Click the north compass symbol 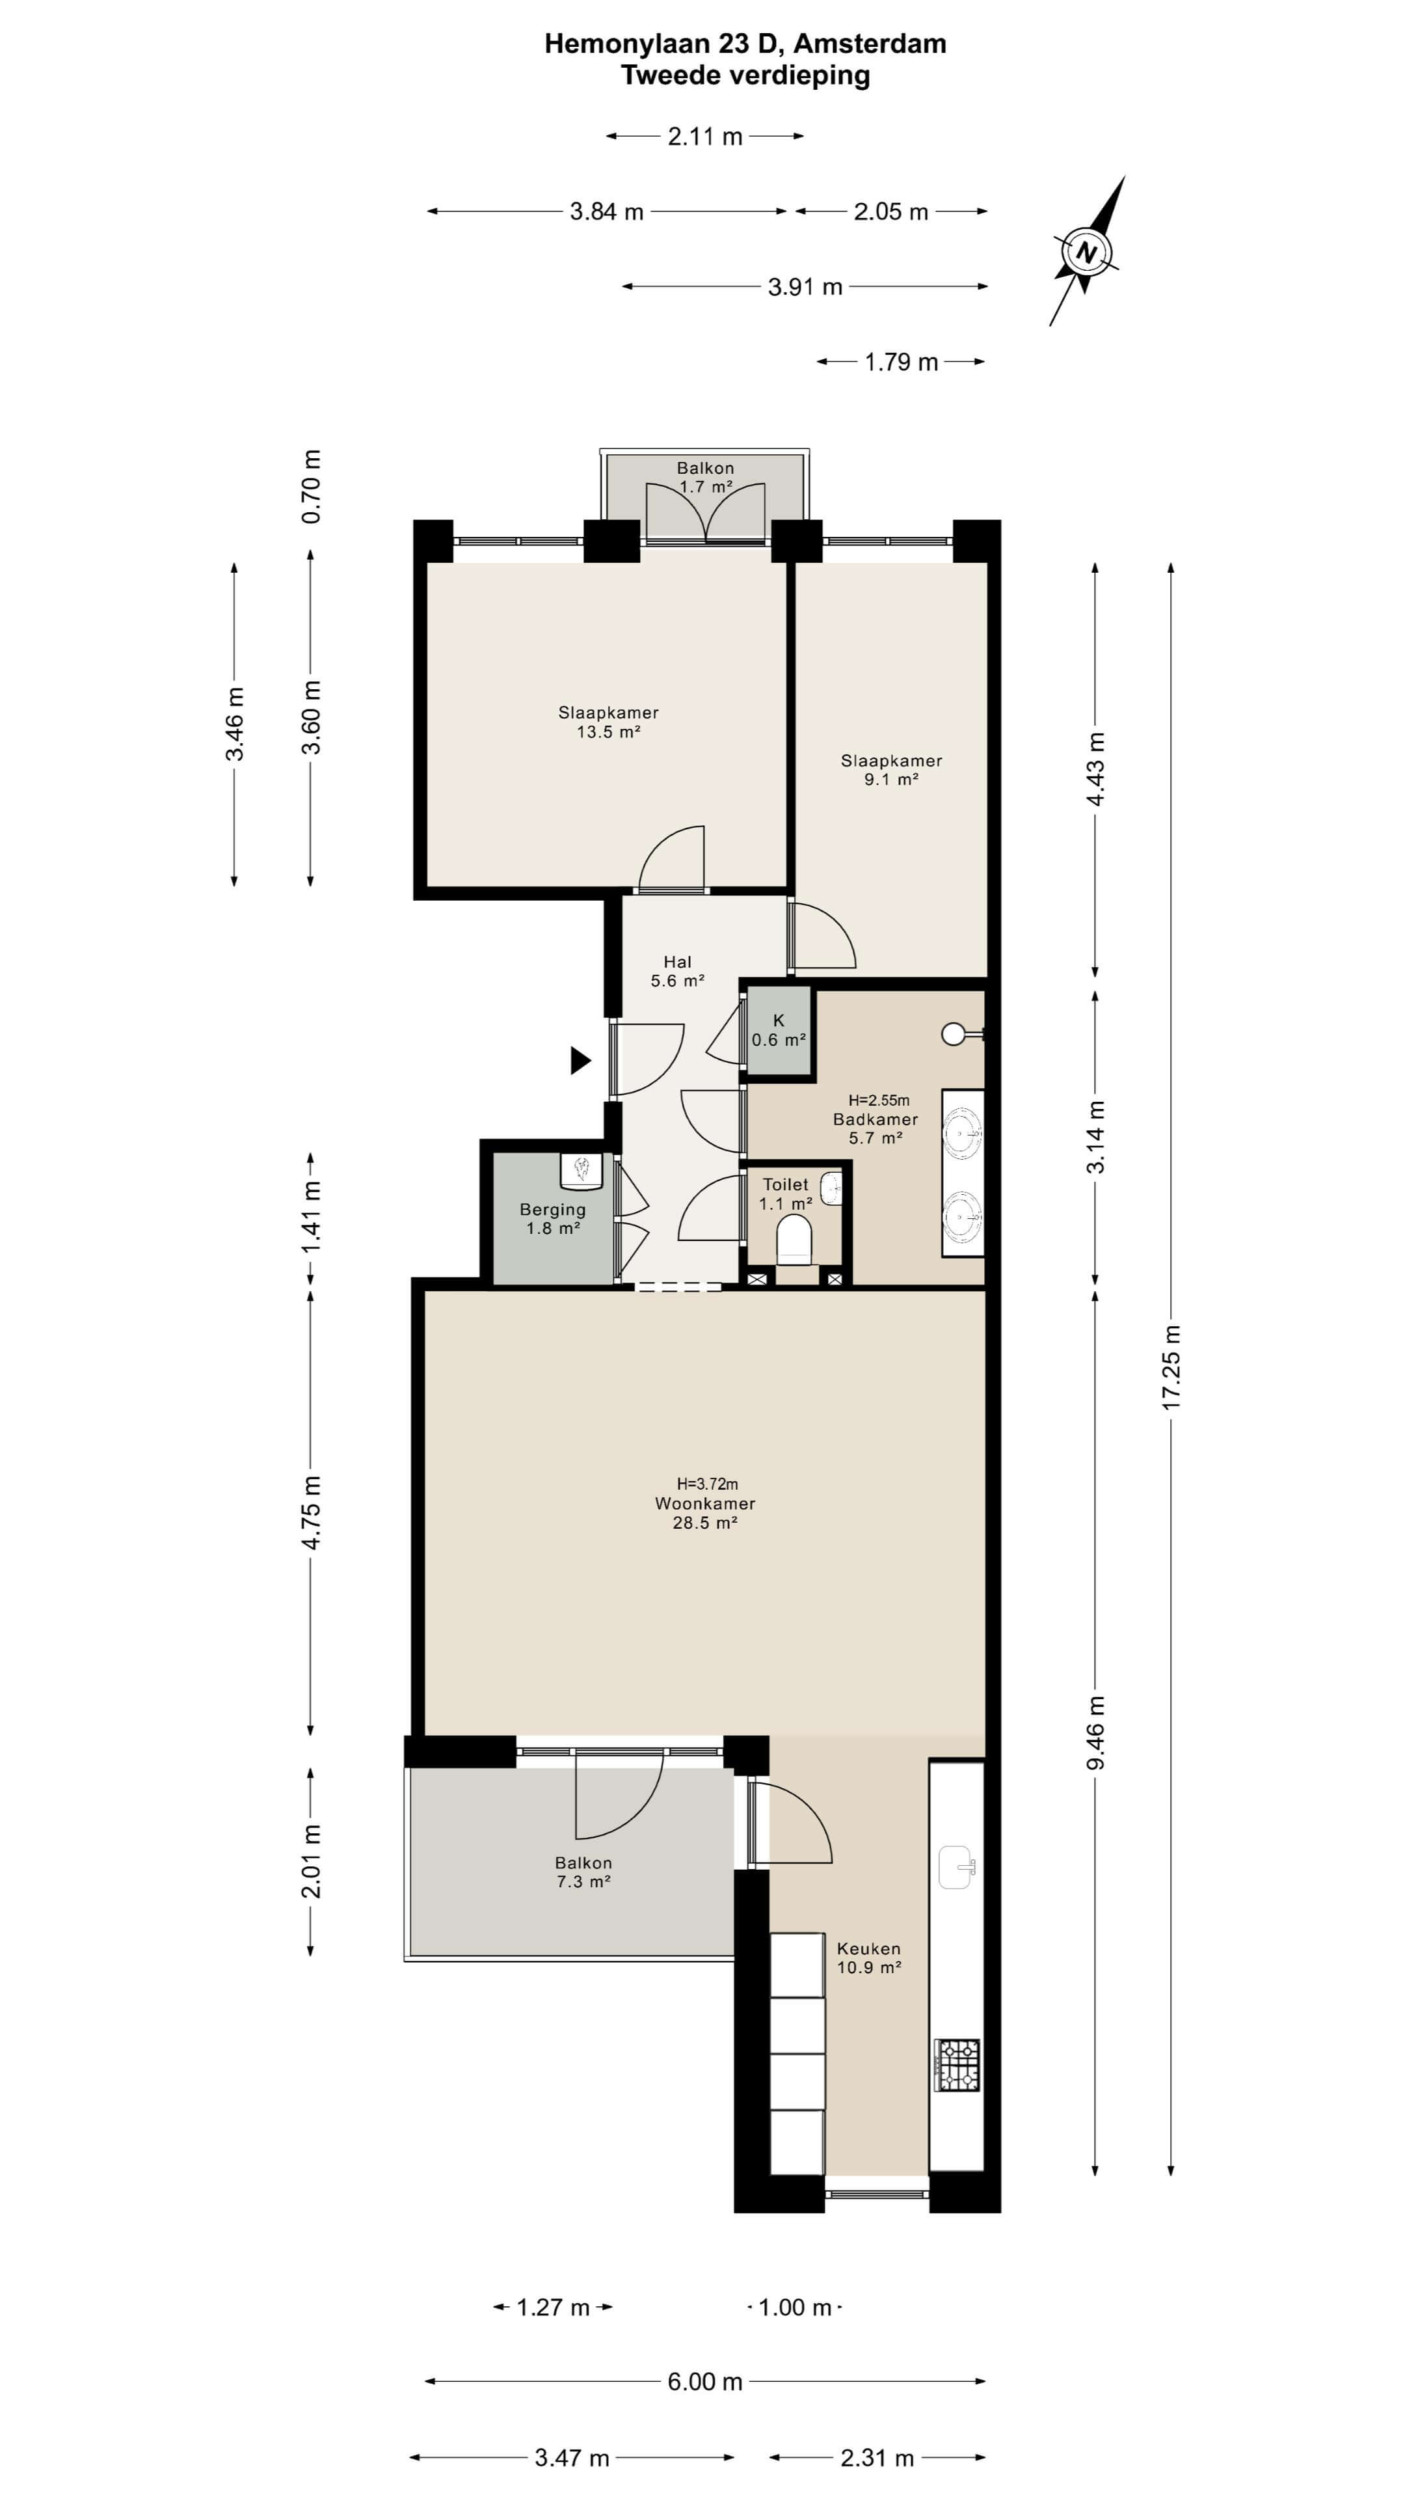coord(1087,253)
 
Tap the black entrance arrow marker coord(580,1060)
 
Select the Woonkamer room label coord(705,1504)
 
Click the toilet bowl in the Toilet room coord(794,1241)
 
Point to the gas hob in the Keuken coord(957,2066)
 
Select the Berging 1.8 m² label coord(553,1218)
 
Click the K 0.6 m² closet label coord(779,1030)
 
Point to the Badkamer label coord(876,1119)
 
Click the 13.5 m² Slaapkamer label coord(608,722)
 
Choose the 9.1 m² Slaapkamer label coord(891,769)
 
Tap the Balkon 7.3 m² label coord(583,1872)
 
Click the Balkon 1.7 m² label coord(705,477)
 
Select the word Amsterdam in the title coord(870,44)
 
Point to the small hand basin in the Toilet coord(832,1188)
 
